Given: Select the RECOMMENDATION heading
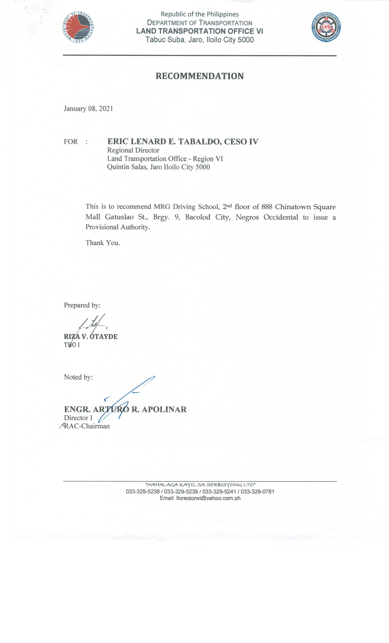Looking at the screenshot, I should click(x=200, y=76).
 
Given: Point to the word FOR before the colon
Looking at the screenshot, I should click(x=71, y=142).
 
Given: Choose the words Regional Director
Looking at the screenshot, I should click(x=133, y=150).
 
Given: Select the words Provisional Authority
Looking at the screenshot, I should click(x=118, y=227).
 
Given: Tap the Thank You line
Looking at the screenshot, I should click(x=103, y=243).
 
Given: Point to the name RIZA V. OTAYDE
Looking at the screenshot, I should click(x=91, y=337).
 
